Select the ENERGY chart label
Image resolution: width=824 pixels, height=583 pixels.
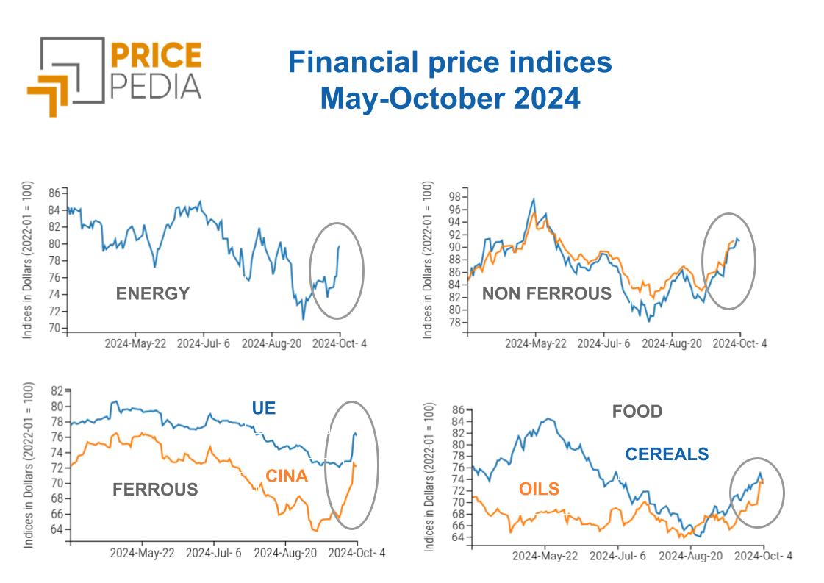tap(153, 294)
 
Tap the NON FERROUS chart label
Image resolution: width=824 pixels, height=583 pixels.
tap(546, 294)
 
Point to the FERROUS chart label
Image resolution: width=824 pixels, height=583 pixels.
tap(155, 489)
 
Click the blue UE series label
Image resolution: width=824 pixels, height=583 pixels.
tap(263, 407)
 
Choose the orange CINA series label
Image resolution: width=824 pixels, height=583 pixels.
tap(286, 476)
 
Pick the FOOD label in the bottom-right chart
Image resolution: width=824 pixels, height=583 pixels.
tap(637, 411)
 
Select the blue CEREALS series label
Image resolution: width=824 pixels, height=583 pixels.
tap(667, 454)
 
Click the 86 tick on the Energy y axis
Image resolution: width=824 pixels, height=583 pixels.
tap(54, 193)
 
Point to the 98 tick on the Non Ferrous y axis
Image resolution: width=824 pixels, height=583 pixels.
tap(455, 197)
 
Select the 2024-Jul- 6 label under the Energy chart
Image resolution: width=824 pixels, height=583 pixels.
tap(204, 343)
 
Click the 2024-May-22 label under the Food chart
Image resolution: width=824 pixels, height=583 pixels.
tap(545, 557)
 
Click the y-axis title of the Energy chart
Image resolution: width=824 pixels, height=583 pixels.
tap(27, 260)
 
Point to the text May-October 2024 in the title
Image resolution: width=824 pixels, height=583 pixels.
tap(450, 99)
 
